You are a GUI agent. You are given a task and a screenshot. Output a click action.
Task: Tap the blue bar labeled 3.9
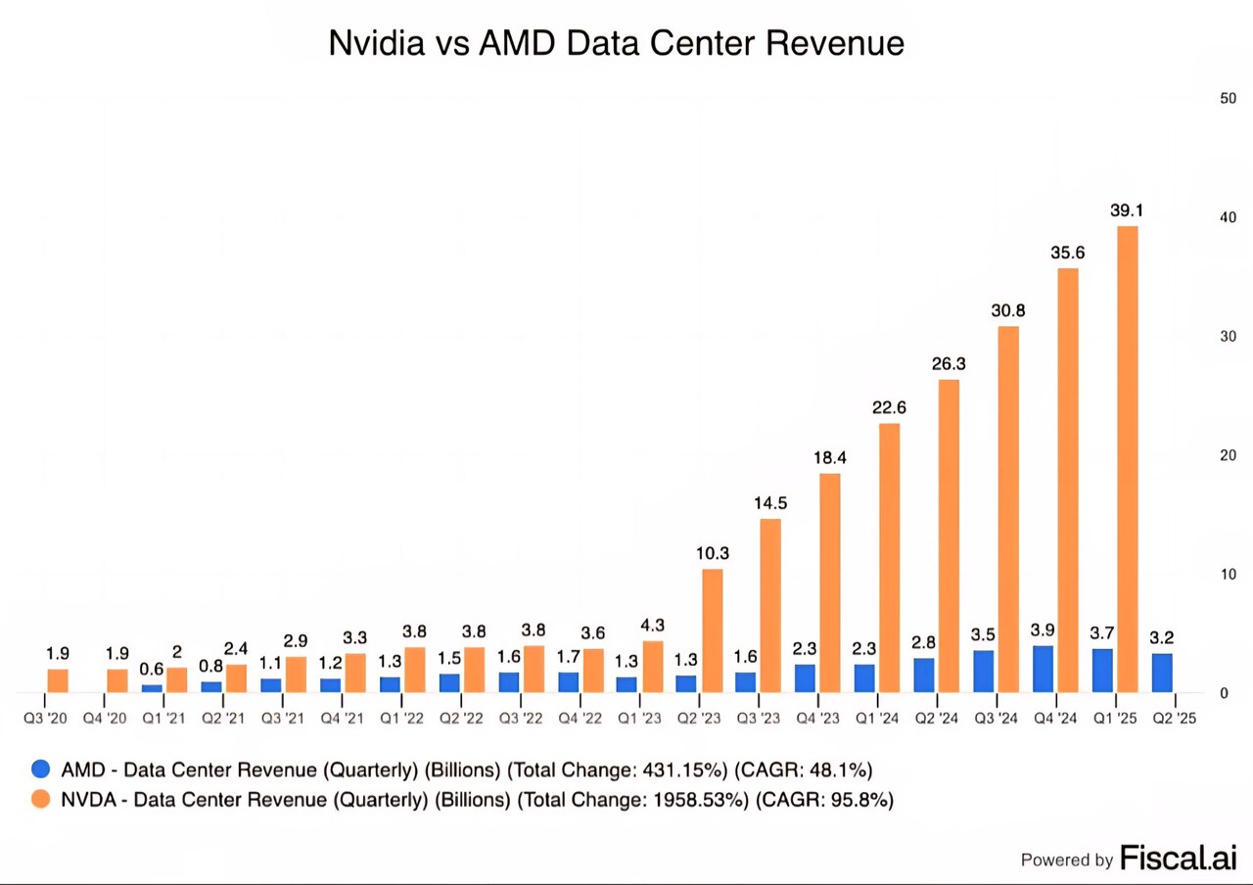[x=1044, y=669]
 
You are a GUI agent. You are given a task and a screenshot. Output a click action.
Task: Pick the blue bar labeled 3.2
[x=1162, y=673]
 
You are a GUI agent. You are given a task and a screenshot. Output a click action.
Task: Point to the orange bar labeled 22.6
[x=889, y=557]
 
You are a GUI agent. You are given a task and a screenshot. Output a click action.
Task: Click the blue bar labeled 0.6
[x=152, y=688]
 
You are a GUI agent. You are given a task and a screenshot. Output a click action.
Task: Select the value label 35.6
[x=1067, y=253]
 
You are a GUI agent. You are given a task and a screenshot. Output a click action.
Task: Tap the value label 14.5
[x=770, y=503]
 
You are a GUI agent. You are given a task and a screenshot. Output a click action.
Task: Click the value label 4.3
[x=652, y=625]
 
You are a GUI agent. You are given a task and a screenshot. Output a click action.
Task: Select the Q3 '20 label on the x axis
[x=46, y=719]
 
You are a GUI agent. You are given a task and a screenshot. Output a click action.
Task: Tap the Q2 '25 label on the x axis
[x=1173, y=719]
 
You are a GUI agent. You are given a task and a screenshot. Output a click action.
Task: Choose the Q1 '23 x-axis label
[x=638, y=719]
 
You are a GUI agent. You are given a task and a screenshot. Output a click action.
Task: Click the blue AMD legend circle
[x=41, y=769]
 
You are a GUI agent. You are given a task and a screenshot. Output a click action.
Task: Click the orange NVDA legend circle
[x=41, y=799]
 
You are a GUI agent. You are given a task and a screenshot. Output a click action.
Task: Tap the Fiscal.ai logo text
[x=1178, y=858]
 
